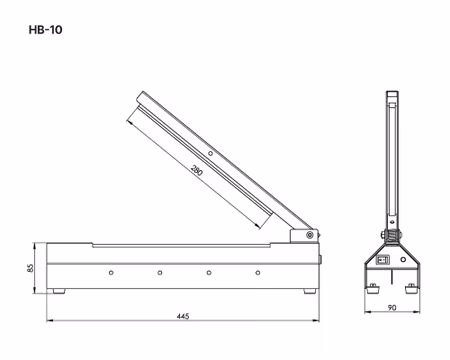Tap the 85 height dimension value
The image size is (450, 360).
30,267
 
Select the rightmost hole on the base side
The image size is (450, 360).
257,272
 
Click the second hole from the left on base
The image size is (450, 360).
159,272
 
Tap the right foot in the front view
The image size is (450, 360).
413,291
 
